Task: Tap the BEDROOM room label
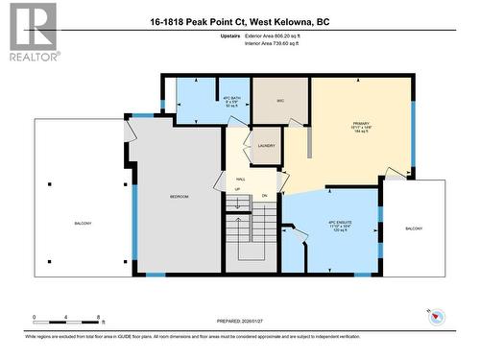coord(180,196)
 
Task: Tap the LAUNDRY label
coord(266,145)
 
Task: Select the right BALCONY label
coord(413,228)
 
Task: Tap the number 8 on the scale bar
coord(99,316)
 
